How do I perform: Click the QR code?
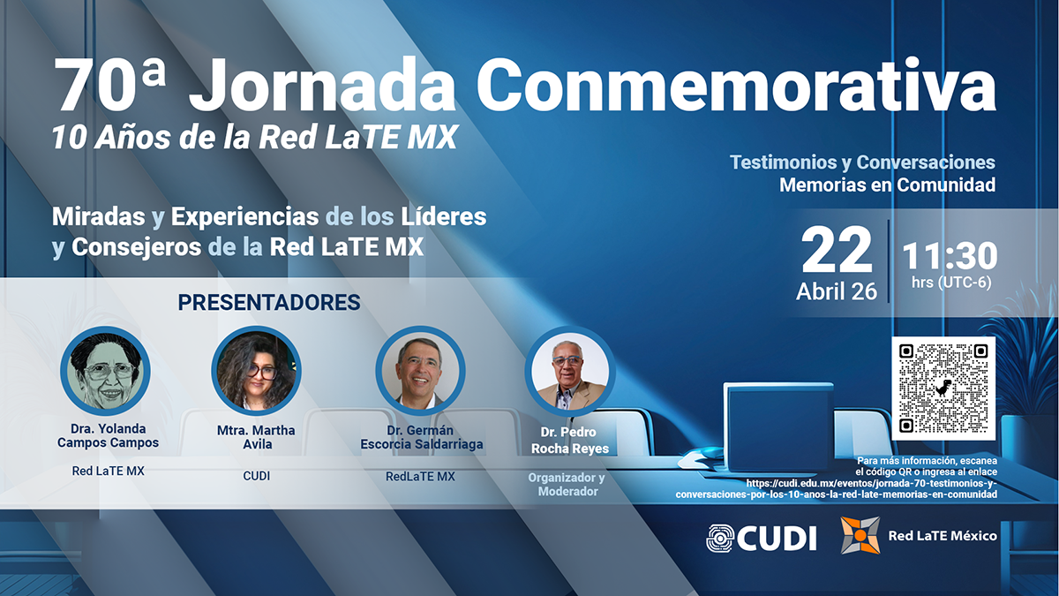pos(943,389)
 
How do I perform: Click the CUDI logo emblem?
pos(720,538)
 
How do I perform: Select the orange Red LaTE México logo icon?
pos(860,535)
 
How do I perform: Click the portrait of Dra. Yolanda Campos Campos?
pos(105,371)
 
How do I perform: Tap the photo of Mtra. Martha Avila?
pos(256,370)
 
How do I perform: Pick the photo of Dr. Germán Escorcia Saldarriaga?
pos(420,370)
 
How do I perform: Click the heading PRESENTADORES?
pos(269,303)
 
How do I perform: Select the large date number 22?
pos(837,250)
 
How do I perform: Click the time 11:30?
pos(950,256)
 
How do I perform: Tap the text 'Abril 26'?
pos(837,291)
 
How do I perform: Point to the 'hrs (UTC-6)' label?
pos(951,283)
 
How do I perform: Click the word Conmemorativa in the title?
pos(736,85)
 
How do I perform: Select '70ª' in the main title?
pos(109,85)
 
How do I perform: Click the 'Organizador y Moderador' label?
pos(567,485)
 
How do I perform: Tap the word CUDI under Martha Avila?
pos(257,476)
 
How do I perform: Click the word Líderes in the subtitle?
pos(444,216)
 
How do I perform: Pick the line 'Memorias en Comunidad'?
pos(888,185)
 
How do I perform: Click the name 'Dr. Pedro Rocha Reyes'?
pos(570,441)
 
